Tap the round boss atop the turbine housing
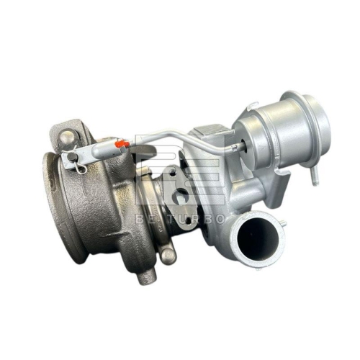coord(66,136)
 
